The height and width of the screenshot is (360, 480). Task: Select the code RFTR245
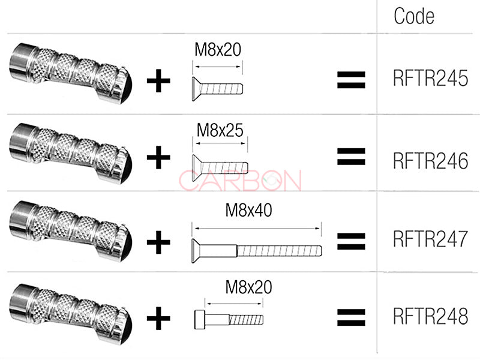430,79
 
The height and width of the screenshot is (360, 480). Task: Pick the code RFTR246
430,161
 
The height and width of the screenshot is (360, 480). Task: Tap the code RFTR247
430,239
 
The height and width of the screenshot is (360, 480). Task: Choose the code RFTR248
430,316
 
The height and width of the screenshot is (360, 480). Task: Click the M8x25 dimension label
220,130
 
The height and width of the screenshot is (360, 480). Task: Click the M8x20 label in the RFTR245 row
217,49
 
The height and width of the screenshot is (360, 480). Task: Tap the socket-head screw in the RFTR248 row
229,319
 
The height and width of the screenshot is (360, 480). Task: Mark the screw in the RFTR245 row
217,88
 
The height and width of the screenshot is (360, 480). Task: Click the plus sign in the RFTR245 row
158,82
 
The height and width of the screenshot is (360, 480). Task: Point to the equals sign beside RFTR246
352,157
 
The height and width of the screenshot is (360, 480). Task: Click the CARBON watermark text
241,180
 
